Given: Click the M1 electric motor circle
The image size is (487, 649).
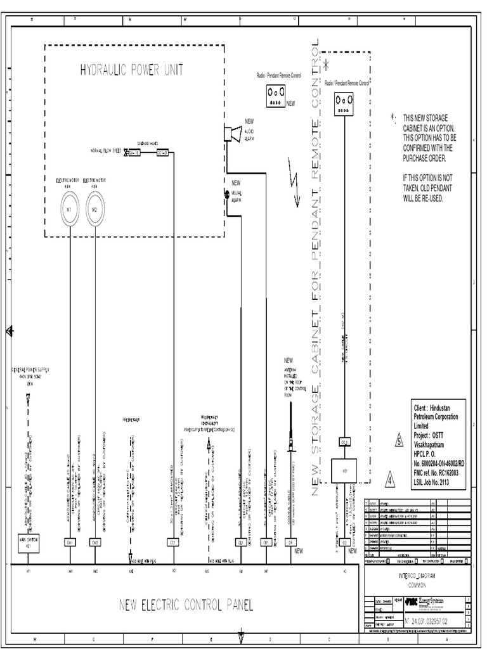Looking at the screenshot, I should click(x=70, y=209).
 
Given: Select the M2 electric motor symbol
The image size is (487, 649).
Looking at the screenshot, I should click(x=94, y=209).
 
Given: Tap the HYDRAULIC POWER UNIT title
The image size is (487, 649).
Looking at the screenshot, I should click(x=131, y=70).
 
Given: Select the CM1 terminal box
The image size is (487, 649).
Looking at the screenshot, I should click(x=70, y=543).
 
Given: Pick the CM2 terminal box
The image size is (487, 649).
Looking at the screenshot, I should click(x=95, y=543).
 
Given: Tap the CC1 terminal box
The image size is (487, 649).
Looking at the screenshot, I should click(x=172, y=543).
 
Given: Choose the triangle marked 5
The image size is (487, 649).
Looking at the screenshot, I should click(x=399, y=441).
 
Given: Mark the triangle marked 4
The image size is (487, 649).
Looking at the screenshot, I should click(x=391, y=479).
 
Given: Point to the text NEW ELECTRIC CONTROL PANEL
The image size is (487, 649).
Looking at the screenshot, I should click(x=186, y=605).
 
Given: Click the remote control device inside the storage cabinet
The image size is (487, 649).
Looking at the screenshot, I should click(x=344, y=103).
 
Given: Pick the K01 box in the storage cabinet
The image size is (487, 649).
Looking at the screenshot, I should click(x=344, y=471).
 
